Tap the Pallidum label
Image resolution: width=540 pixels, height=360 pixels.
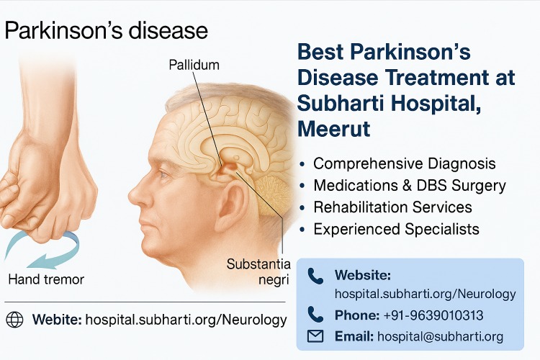tap(194, 65)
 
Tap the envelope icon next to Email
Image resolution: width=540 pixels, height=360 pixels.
tap(315, 336)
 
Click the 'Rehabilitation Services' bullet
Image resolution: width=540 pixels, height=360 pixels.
tap(392, 207)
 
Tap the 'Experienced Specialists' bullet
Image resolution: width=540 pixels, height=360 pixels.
tap(396, 229)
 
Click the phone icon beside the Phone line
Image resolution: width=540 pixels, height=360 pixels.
tap(315, 314)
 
